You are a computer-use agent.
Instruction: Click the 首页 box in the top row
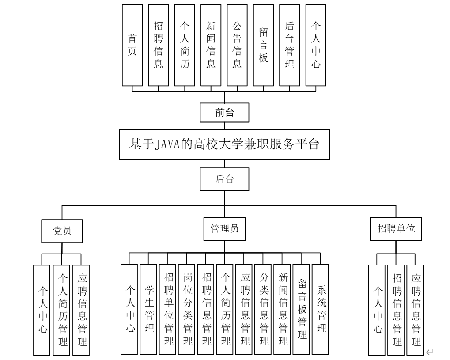pos(132,45)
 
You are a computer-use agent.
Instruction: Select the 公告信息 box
pos(237,45)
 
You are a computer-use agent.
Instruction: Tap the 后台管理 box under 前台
pos(290,45)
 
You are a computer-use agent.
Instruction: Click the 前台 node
pos(224,113)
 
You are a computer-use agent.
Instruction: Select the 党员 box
pos(62,231)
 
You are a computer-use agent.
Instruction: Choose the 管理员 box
pos(224,228)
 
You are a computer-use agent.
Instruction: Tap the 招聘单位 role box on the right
pos(396,229)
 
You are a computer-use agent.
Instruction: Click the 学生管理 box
pos(149,309)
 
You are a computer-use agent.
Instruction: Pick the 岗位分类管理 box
pos(187,310)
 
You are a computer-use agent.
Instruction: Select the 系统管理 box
pos(321,309)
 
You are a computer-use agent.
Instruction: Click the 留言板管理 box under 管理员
pos(302,310)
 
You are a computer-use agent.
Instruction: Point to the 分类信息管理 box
pos(264,310)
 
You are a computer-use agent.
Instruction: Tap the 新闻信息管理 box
pos(283,310)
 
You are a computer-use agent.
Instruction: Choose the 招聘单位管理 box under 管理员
pos(168,310)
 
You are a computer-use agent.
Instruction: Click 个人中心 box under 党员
pos(42,310)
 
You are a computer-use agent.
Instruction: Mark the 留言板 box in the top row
pos(263,45)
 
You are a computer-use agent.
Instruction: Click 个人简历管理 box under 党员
pos(62,310)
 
